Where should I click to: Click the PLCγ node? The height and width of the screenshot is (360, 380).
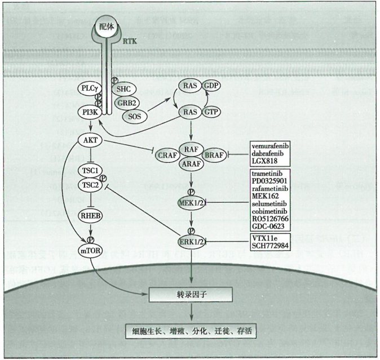point(90,89)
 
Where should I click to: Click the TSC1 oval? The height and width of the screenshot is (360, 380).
point(91,170)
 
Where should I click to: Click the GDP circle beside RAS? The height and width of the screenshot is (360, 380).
point(211,86)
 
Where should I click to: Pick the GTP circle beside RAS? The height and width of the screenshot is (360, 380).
point(211,112)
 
